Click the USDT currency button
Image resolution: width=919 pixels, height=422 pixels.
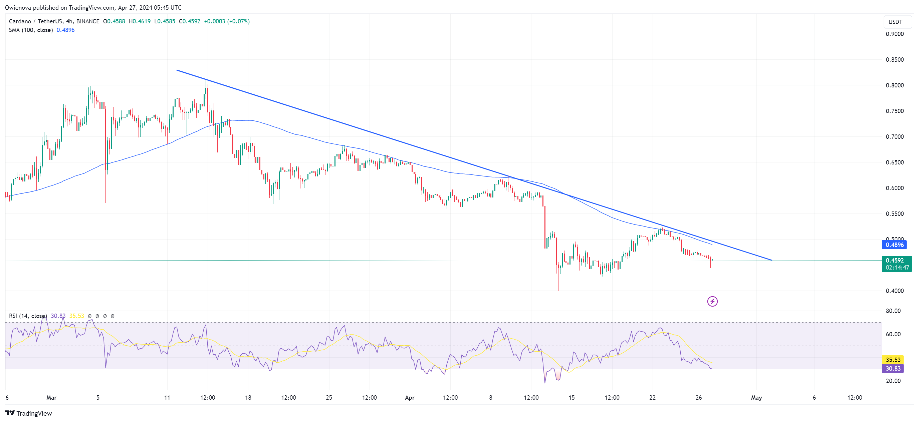click(x=895, y=22)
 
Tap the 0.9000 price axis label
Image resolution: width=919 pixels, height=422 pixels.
click(x=895, y=34)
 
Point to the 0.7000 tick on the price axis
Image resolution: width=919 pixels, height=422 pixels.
click(x=895, y=136)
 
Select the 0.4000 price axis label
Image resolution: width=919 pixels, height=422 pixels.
click(x=895, y=291)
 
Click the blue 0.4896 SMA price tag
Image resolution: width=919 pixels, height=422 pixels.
click(x=894, y=245)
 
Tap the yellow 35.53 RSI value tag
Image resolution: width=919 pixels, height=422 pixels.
click(x=893, y=360)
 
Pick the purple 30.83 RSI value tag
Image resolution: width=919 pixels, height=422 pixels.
click(x=893, y=369)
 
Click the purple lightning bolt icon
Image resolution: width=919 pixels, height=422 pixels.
click(x=712, y=302)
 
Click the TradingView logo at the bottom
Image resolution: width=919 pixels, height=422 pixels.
click(x=28, y=413)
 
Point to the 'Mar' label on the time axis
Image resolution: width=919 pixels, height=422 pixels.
click(x=51, y=397)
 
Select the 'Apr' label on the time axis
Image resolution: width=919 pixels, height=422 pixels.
click(x=410, y=397)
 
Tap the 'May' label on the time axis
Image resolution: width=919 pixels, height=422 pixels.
click(x=756, y=397)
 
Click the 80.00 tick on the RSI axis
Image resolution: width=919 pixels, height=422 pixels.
click(x=893, y=311)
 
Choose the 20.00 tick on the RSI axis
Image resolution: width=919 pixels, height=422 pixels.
click(x=893, y=381)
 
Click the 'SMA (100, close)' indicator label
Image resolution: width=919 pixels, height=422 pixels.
click(x=31, y=30)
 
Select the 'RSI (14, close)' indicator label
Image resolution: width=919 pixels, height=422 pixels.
click(x=28, y=316)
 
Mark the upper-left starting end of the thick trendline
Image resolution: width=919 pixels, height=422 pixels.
click(x=177, y=70)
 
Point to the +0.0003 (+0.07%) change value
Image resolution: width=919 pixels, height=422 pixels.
click(x=227, y=21)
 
